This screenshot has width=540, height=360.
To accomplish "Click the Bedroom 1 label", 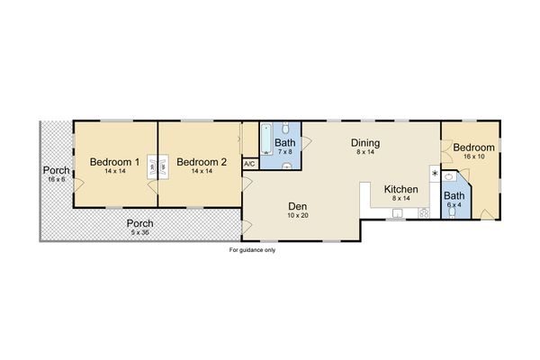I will tap(114, 162).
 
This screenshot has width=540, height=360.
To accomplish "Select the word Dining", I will tap(364, 143).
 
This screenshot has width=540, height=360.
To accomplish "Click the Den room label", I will tap(298, 204).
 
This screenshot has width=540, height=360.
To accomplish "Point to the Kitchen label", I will tap(400, 189).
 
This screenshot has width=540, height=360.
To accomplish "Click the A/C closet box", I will tap(250, 165).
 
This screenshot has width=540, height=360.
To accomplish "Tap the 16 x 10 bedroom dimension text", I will tap(472, 156).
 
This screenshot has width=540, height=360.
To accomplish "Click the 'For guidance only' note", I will tap(252, 250).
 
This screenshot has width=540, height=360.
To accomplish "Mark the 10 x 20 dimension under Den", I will tap(298, 215).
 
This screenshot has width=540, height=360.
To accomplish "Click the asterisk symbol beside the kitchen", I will tap(435, 173).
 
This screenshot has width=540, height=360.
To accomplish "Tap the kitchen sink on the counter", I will tap(395, 212).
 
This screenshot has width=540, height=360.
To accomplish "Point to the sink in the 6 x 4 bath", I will tap(449, 178).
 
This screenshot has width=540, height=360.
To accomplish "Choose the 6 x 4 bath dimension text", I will tap(454, 204).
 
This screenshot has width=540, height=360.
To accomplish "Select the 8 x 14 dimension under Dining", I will tap(364, 153).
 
